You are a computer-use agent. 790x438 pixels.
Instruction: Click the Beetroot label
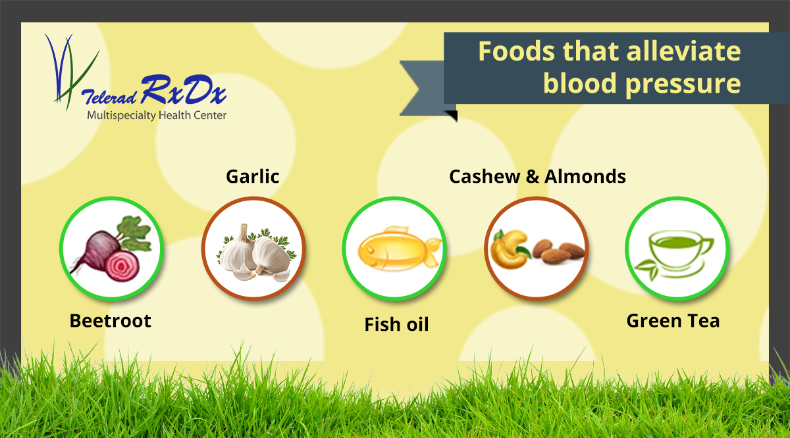(x=111, y=321)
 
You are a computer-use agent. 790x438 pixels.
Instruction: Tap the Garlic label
(x=252, y=176)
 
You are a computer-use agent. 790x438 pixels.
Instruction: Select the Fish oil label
(x=396, y=324)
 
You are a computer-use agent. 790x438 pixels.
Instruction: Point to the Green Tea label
(x=673, y=321)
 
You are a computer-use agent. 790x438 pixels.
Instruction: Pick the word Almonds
(x=585, y=176)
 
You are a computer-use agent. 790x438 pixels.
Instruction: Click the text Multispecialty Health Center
(x=157, y=116)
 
